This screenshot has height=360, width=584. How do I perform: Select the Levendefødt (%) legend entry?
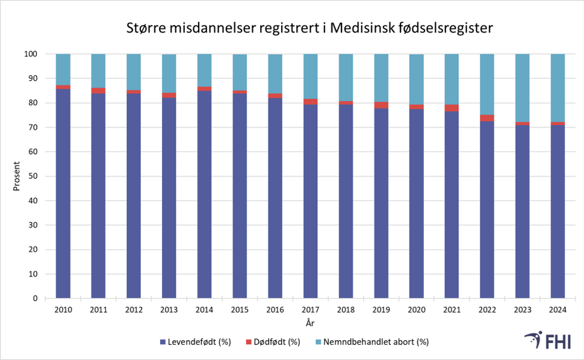tap(196, 342)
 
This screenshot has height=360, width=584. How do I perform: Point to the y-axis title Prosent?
tap(17, 176)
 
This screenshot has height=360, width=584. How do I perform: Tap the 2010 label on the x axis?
tap(63, 309)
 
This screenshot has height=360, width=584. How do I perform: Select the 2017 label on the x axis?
tap(310, 309)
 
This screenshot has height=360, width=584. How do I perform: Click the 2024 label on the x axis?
tap(557, 309)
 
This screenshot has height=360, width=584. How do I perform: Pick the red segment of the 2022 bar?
tap(486, 118)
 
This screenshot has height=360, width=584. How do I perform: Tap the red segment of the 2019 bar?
tap(381, 105)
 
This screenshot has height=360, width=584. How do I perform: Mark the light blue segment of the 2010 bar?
tap(63, 69)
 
